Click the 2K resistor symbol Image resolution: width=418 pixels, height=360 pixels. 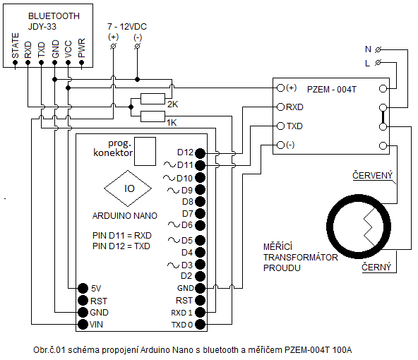click(x=153, y=99)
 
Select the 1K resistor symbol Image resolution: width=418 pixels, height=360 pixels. click(x=153, y=116)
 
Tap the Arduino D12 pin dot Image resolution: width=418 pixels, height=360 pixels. click(x=201, y=153)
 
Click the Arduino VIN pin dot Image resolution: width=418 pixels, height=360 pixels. click(x=83, y=324)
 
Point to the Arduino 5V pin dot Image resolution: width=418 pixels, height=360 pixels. click(x=83, y=288)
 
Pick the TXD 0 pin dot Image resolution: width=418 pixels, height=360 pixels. click(x=201, y=324)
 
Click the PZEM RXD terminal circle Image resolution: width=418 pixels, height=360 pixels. click(x=280, y=107)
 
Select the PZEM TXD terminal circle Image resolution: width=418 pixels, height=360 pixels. click(x=280, y=126)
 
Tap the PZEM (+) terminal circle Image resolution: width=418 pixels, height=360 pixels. click(x=280, y=88)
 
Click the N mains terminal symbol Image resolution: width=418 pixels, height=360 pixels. click(x=378, y=49)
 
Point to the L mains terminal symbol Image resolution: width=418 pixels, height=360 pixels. click(x=378, y=63)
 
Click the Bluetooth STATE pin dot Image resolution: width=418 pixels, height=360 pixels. click(x=16, y=63)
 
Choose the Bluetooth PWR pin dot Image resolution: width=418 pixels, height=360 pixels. click(x=82, y=63)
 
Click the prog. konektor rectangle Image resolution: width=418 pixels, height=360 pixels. click(x=145, y=151)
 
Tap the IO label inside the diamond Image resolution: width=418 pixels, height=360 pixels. click(x=129, y=188)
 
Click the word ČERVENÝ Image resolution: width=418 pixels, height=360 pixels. click(x=372, y=175)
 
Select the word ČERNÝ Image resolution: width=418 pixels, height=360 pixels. click(x=376, y=267)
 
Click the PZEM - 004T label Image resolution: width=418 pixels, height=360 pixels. click(x=332, y=89)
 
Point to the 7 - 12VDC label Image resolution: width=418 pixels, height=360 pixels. click(x=127, y=27)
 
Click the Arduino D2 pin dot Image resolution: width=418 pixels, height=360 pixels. click(x=201, y=276)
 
